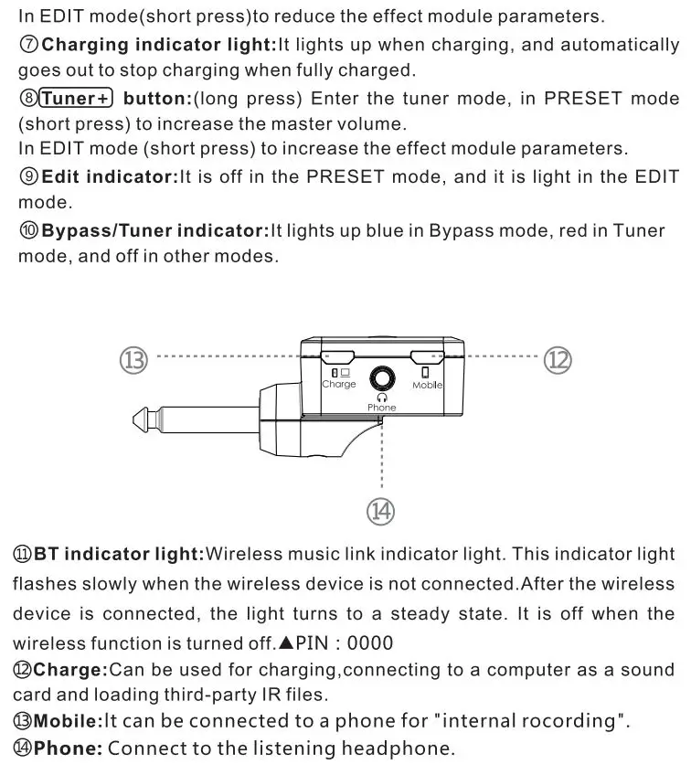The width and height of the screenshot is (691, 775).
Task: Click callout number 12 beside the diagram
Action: pyautogui.click(x=558, y=359)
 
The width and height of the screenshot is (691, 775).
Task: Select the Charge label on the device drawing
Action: pyautogui.click(x=339, y=385)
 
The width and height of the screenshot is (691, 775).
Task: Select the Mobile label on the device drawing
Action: pyautogui.click(x=427, y=386)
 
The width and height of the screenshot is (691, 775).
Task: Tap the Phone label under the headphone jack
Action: pyautogui.click(x=382, y=408)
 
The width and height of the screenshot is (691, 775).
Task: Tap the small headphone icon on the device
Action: pyautogui.click(x=382, y=398)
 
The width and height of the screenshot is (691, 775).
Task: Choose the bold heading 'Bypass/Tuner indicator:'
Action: pyautogui.click(x=154, y=230)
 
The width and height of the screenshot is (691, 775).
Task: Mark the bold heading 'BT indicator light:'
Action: pyautogui.click(x=119, y=554)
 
